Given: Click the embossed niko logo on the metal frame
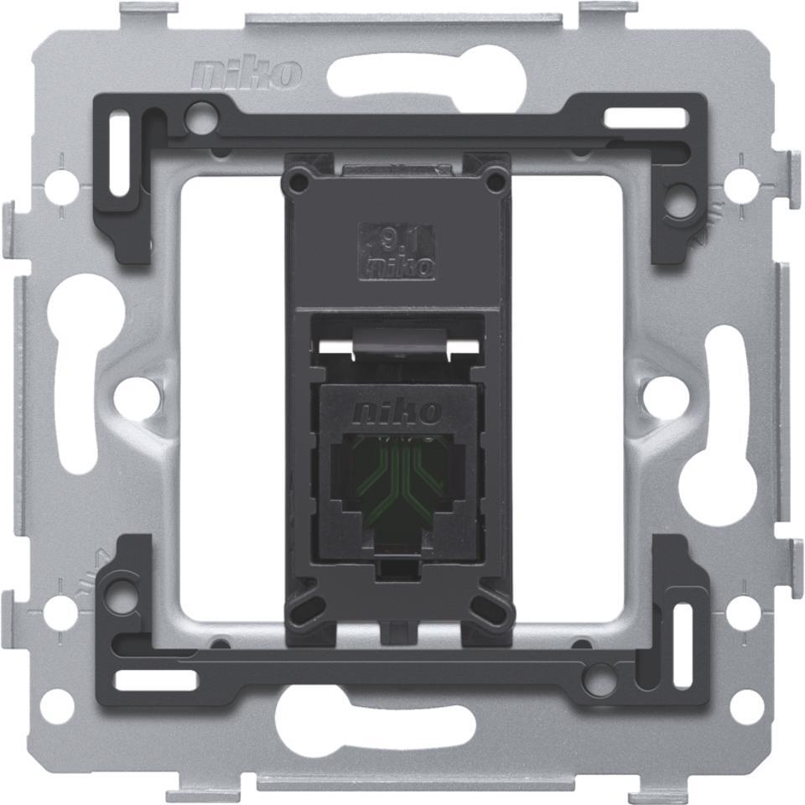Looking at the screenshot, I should [246, 75].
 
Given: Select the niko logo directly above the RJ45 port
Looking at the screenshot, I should [397, 412].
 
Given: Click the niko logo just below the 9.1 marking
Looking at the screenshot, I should [397, 267].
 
